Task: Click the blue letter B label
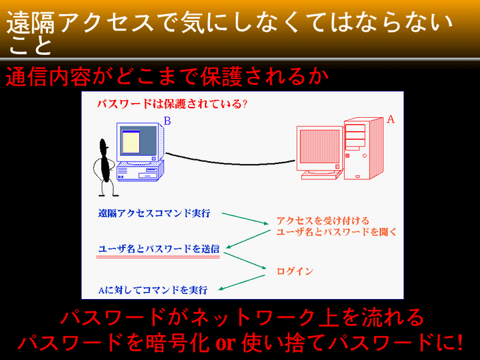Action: click(x=167, y=121)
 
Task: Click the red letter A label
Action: click(x=390, y=119)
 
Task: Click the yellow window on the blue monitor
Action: click(x=131, y=141)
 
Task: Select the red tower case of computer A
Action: click(x=364, y=149)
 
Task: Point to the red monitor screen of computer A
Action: click(x=319, y=147)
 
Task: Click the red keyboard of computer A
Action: click(x=321, y=175)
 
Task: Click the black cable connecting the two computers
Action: click(x=230, y=162)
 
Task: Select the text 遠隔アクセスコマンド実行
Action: click(x=154, y=213)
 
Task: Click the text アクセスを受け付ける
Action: click(x=323, y=221)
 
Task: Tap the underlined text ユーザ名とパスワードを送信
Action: click(x=159, y=249)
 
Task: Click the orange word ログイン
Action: click(x=295, y=271)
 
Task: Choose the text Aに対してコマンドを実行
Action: click(x=153, y=290)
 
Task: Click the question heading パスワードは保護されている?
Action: click(x=172, y=104)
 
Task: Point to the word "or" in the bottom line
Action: click(x=226, y=343)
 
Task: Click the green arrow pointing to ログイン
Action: click(x=245, y=260)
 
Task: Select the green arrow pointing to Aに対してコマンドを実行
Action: click(x=242, y=282)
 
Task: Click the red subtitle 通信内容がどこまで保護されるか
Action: click(x=167, y=76)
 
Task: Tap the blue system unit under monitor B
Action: click(x=140, y=172)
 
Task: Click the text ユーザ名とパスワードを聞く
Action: click(x=336, y=232)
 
